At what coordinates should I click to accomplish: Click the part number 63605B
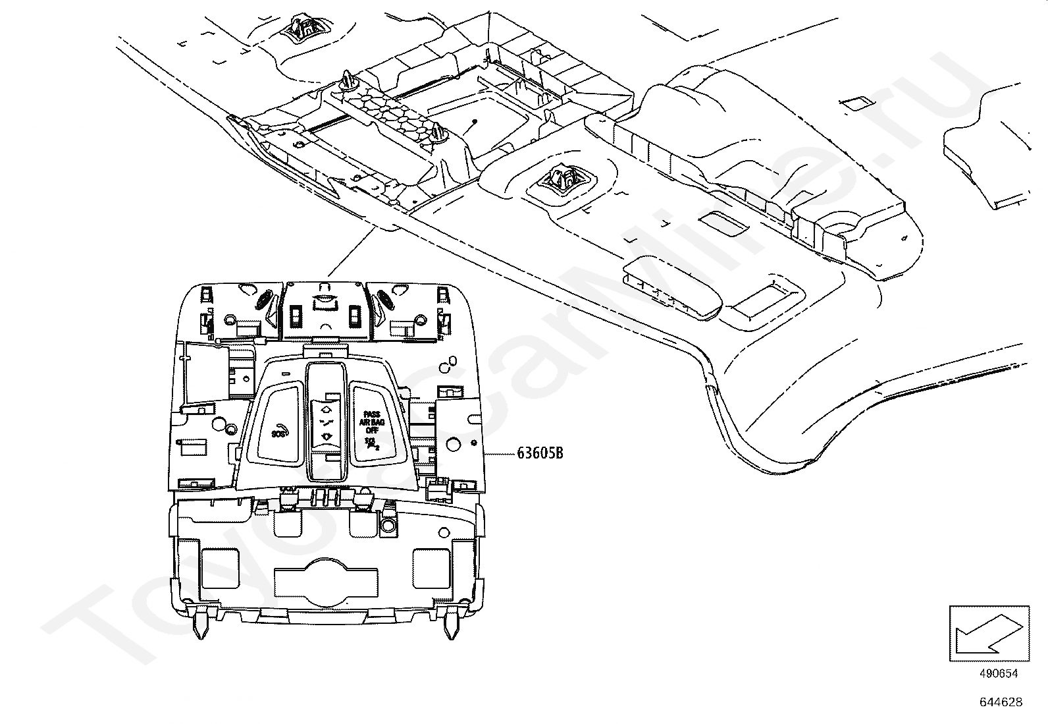(x=540, y=453)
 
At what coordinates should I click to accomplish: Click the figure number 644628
(x=1001, y=702)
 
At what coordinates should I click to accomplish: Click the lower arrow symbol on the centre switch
(x=327, y=435)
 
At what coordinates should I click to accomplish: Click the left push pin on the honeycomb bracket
(x=347, y=81)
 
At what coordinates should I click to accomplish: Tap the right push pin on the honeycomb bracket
(x=439, y=134)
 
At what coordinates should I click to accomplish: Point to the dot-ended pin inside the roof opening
(x=474, y=123)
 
